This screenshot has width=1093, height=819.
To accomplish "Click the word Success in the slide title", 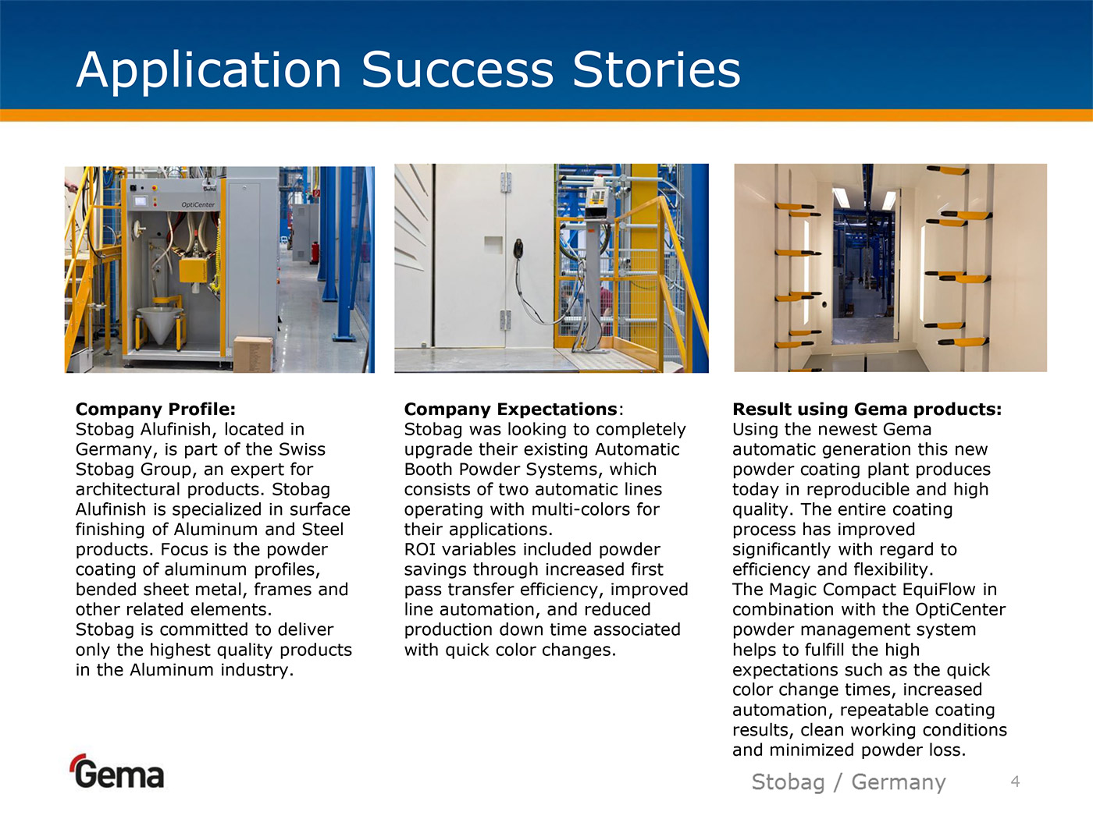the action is pyautogui.click(x=457, y=69).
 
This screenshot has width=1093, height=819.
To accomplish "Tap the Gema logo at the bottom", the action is pyautogui.click(x=118, y=771).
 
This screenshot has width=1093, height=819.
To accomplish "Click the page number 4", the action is pyautogui.click(x=1016, y=782).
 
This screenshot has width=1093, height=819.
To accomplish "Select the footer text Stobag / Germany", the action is pyautogui.click(x=849, y=782).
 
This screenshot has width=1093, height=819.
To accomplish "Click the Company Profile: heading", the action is pyautogui.click(x=155, y=409).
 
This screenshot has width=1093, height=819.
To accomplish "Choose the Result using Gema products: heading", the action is pyautogui.click(x=867, y=409).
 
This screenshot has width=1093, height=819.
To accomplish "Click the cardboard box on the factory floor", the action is pyautogui.click(x=252, y=354).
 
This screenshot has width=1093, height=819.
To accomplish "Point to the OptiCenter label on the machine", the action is pyautogui.click(x=198, y=205).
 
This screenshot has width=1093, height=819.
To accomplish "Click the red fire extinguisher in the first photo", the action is pyautogui.click(x=315, y=253).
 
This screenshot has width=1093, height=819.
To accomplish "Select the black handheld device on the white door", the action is pyautogui.click(x=518, y=247).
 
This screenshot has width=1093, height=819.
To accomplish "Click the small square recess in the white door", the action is pyautogui.click(x=493, y=245).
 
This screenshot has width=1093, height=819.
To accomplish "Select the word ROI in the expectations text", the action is pyautogui.click(x=420, y=549).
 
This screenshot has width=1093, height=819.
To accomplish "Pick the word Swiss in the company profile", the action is pyautogui.click(x=302, y=449).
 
